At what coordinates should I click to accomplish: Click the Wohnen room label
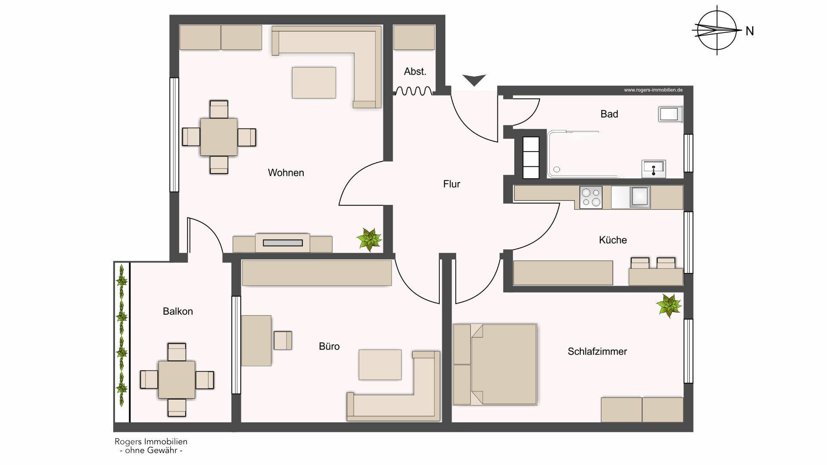coord(286,173)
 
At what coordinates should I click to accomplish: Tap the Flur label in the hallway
coord(451,184)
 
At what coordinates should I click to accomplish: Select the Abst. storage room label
coord(415,71)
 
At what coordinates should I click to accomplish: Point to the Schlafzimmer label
coord(597,351)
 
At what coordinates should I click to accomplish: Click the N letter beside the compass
coord(750,31)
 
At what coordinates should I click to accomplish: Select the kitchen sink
coord(640,197)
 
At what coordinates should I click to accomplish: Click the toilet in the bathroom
coord(670,114)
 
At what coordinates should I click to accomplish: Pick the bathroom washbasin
coord(654,168)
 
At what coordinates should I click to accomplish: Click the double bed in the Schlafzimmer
coord(495,364)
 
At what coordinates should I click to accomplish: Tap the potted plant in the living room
coord(369,240)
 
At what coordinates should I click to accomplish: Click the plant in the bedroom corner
coord(668,306)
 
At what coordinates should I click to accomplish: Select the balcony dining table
coord(177,380)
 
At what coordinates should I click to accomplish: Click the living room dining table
coord(219,137)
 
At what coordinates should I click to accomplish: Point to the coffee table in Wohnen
coord(314,83)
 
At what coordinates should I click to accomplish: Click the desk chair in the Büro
coord(283,340)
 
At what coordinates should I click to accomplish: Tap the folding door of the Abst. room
coord(413,91)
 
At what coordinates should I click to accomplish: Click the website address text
coord(653,90)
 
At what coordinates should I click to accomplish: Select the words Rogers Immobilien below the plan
coord(151,441)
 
